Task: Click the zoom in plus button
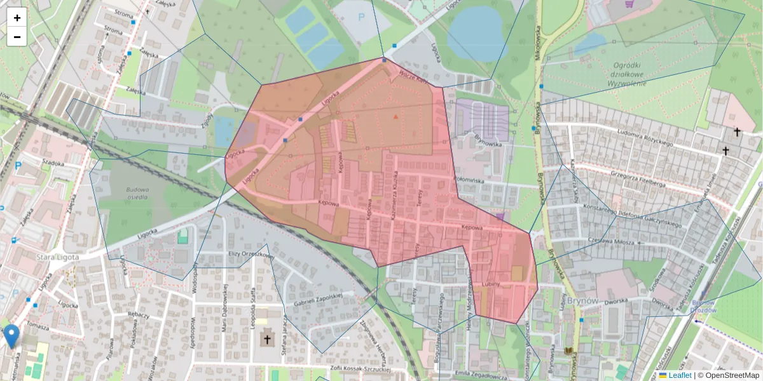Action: [x=17, y=18]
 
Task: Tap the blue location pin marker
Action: [x=11, y=335]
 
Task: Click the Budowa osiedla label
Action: [x=137, y=192]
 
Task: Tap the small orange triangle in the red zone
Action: [x=395, y=117]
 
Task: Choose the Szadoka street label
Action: [x=53, y=163]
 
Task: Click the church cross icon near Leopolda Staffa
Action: [x=267, y=339]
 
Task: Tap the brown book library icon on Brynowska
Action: [x=568, y=351]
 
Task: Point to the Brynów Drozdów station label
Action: [x=705, y=307]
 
